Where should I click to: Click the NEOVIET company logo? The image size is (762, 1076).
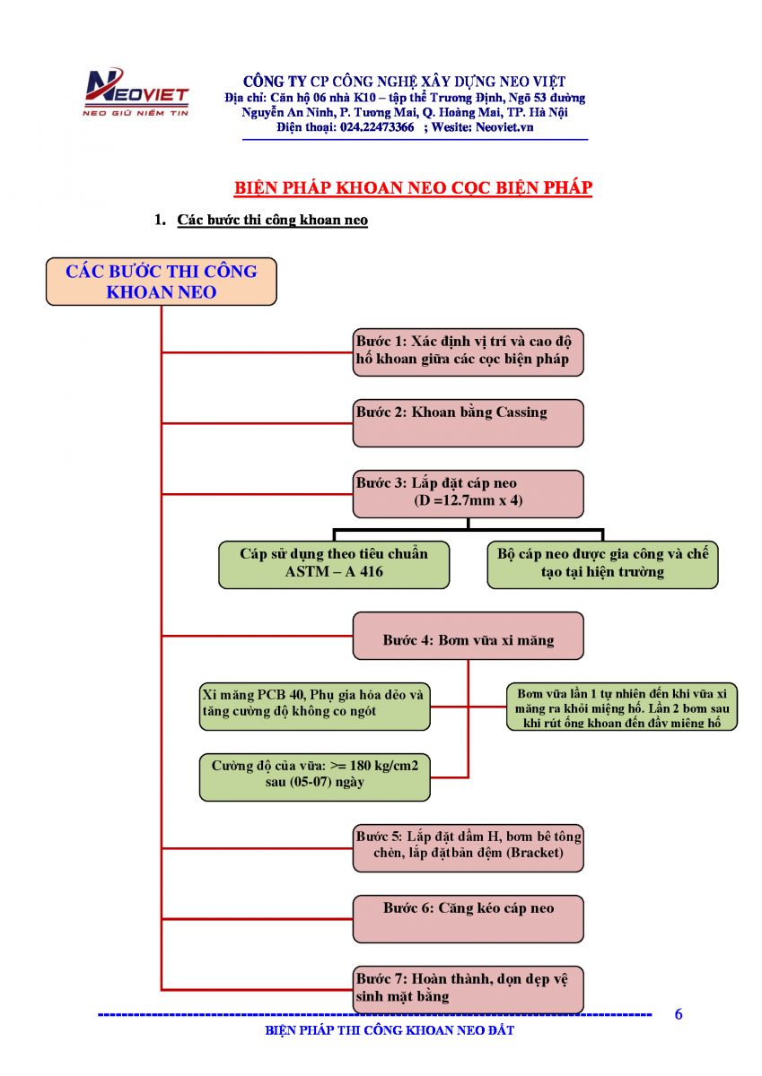point(135,93)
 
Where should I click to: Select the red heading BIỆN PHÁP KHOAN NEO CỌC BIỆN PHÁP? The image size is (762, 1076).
point(413,188)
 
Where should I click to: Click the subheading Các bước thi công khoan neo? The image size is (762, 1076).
point(272,220)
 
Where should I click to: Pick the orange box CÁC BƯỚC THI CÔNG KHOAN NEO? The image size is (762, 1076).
point(162,282)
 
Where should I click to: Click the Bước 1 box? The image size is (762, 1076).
point(468,351)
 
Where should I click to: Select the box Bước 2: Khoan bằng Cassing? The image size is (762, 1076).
point(468,422)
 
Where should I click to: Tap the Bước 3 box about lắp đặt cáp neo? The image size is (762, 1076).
point(468,493)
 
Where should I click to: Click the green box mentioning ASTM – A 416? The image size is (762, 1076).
point(334,564)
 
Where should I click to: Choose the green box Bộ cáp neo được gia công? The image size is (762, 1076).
point(602,564)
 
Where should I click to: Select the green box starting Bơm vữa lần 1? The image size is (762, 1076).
point(621,707)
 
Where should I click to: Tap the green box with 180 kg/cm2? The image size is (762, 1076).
point(315,776)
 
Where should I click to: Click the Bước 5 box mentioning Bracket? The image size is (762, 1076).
point(468,846)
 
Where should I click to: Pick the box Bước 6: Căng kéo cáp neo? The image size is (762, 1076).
point(468,917)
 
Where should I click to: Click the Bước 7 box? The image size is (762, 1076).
point(468,989)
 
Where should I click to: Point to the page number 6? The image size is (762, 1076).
point(679,1015)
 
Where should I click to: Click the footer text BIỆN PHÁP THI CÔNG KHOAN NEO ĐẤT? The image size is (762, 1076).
point(390,1031)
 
